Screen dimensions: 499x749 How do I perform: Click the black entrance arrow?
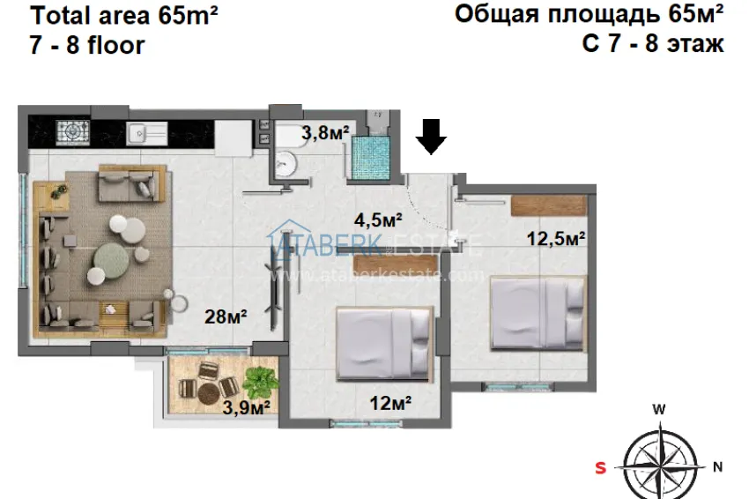point(431,137)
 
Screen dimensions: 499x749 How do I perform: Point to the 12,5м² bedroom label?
point(557,237)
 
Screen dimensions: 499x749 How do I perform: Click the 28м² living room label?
point(226,316)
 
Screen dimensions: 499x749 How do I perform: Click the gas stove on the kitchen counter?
point(70,131)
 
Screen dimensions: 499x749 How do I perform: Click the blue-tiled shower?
point(370,156)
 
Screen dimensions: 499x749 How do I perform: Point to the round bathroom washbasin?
point(286,161)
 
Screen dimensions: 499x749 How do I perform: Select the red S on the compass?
point(601,468)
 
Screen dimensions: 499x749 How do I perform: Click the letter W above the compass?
point(658,409)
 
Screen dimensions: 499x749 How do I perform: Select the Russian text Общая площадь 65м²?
point(590,14)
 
